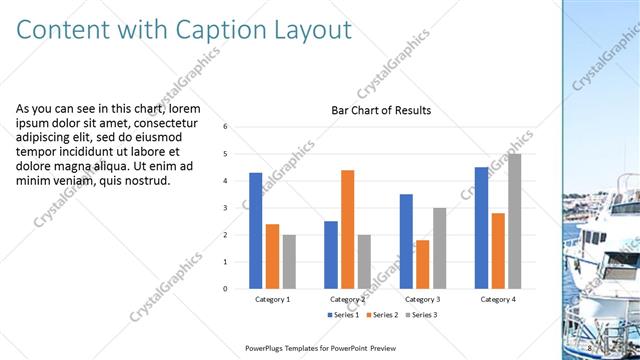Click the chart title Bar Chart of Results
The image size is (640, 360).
[381, 110]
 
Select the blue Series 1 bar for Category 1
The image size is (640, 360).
[256, 230]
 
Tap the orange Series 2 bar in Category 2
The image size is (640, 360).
[347, 229]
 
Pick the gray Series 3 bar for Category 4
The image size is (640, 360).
[514, 221]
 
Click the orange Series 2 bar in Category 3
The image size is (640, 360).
[422, 264]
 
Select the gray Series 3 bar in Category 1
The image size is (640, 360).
[289, 261]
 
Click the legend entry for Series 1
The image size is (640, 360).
[345, 315]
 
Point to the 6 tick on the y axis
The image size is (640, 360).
[226, 127]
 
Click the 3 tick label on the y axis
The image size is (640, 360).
[226, 208]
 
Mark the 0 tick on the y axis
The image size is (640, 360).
[226, 289]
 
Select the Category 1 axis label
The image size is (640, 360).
[273, 299]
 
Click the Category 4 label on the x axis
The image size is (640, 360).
[497, 299]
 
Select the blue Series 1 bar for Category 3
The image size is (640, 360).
[406, 241]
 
